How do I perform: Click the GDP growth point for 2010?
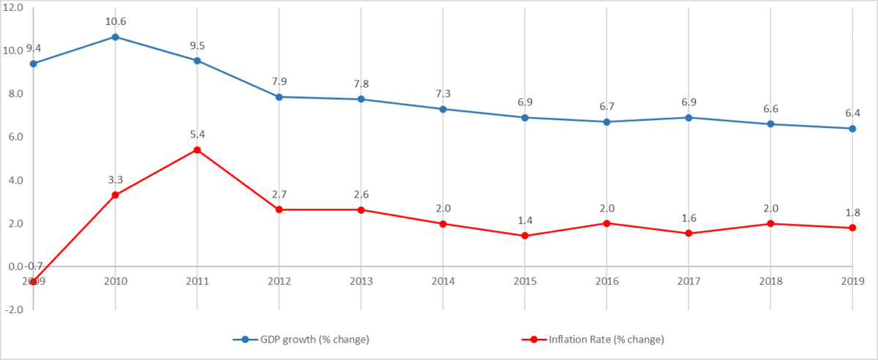point(116,37)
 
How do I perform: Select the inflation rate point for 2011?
point(198,150)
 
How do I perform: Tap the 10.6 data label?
point(116,21)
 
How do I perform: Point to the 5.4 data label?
point(198,135)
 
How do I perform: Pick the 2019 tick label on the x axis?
point(852,281)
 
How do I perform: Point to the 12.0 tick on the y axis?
point(14,7)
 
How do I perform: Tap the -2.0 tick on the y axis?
point(14,310)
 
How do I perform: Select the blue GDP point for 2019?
point(852,129)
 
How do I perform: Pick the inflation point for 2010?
point(116,195)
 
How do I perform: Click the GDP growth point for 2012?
point(279,97)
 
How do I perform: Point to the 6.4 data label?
point(852,113)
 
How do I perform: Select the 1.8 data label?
point(852,212)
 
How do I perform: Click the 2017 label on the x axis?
point(688,281)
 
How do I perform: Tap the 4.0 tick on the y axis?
point(14,180)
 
